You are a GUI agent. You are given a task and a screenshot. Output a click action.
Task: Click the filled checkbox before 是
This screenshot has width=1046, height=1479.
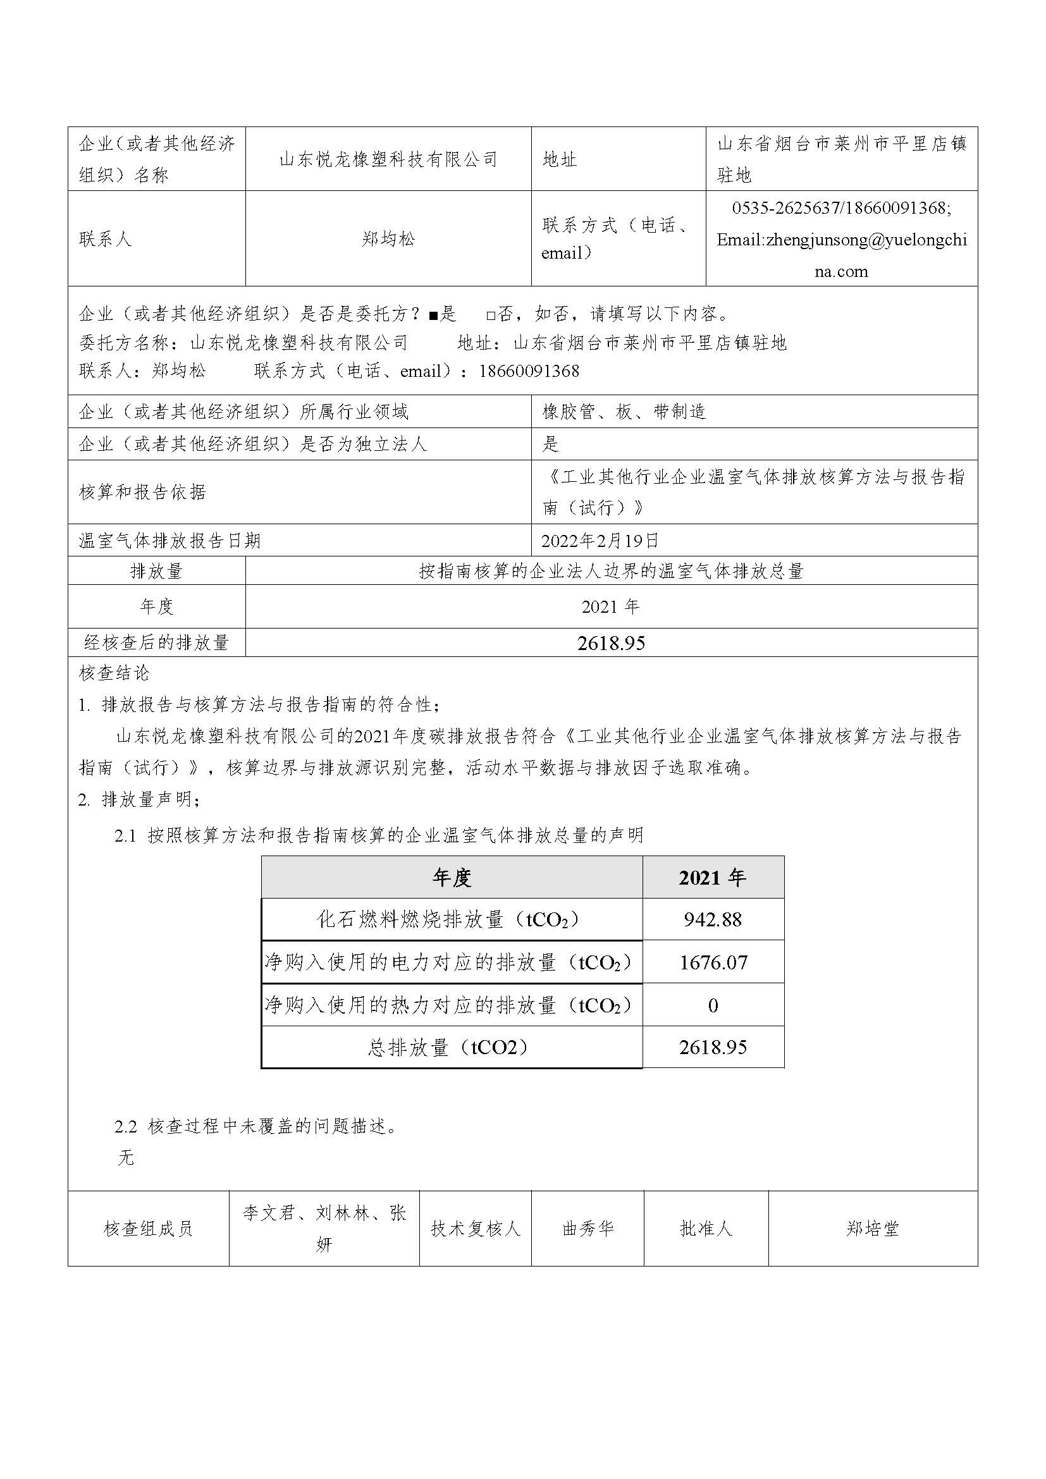pos(433,316)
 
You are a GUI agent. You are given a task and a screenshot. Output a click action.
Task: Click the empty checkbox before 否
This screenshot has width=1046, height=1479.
pos(491,316)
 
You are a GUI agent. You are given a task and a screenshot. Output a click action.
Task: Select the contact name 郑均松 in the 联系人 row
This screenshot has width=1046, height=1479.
pos(388,239)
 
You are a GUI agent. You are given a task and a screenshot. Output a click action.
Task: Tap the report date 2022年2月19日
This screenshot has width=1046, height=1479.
pos(600,541)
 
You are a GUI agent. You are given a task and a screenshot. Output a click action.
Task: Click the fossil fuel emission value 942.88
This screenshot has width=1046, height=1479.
pos(712,919)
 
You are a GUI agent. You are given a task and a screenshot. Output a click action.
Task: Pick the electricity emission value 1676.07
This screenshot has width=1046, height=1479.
pos(713,962)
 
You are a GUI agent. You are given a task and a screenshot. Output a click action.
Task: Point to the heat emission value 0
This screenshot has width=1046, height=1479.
pos(712,1005)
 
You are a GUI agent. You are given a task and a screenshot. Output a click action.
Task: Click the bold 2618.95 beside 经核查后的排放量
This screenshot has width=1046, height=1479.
pos(611,643)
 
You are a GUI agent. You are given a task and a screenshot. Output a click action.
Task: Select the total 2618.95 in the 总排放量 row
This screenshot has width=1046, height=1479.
pos(712,1046)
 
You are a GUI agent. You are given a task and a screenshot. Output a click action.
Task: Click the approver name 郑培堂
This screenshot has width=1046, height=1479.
pos(872,1229)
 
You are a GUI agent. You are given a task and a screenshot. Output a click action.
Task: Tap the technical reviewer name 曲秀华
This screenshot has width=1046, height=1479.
pos(588,1229)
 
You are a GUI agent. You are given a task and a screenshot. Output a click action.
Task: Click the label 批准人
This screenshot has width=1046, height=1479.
pos(706,1229)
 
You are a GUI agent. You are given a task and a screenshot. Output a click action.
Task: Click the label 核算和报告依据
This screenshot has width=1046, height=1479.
pos(142,492)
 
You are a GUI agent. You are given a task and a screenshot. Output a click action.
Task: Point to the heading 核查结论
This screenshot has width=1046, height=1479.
pos(114,673)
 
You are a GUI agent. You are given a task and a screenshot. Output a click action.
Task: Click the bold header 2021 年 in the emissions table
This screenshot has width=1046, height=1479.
pos(712,878)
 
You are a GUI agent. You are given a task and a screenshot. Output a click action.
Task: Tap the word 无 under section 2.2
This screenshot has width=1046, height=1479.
pos(126,1158)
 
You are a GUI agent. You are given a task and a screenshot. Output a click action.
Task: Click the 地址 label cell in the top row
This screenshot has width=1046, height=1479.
pos(559,159)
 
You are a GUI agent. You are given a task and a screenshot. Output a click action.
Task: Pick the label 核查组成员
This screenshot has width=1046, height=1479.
pos(148,1229)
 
